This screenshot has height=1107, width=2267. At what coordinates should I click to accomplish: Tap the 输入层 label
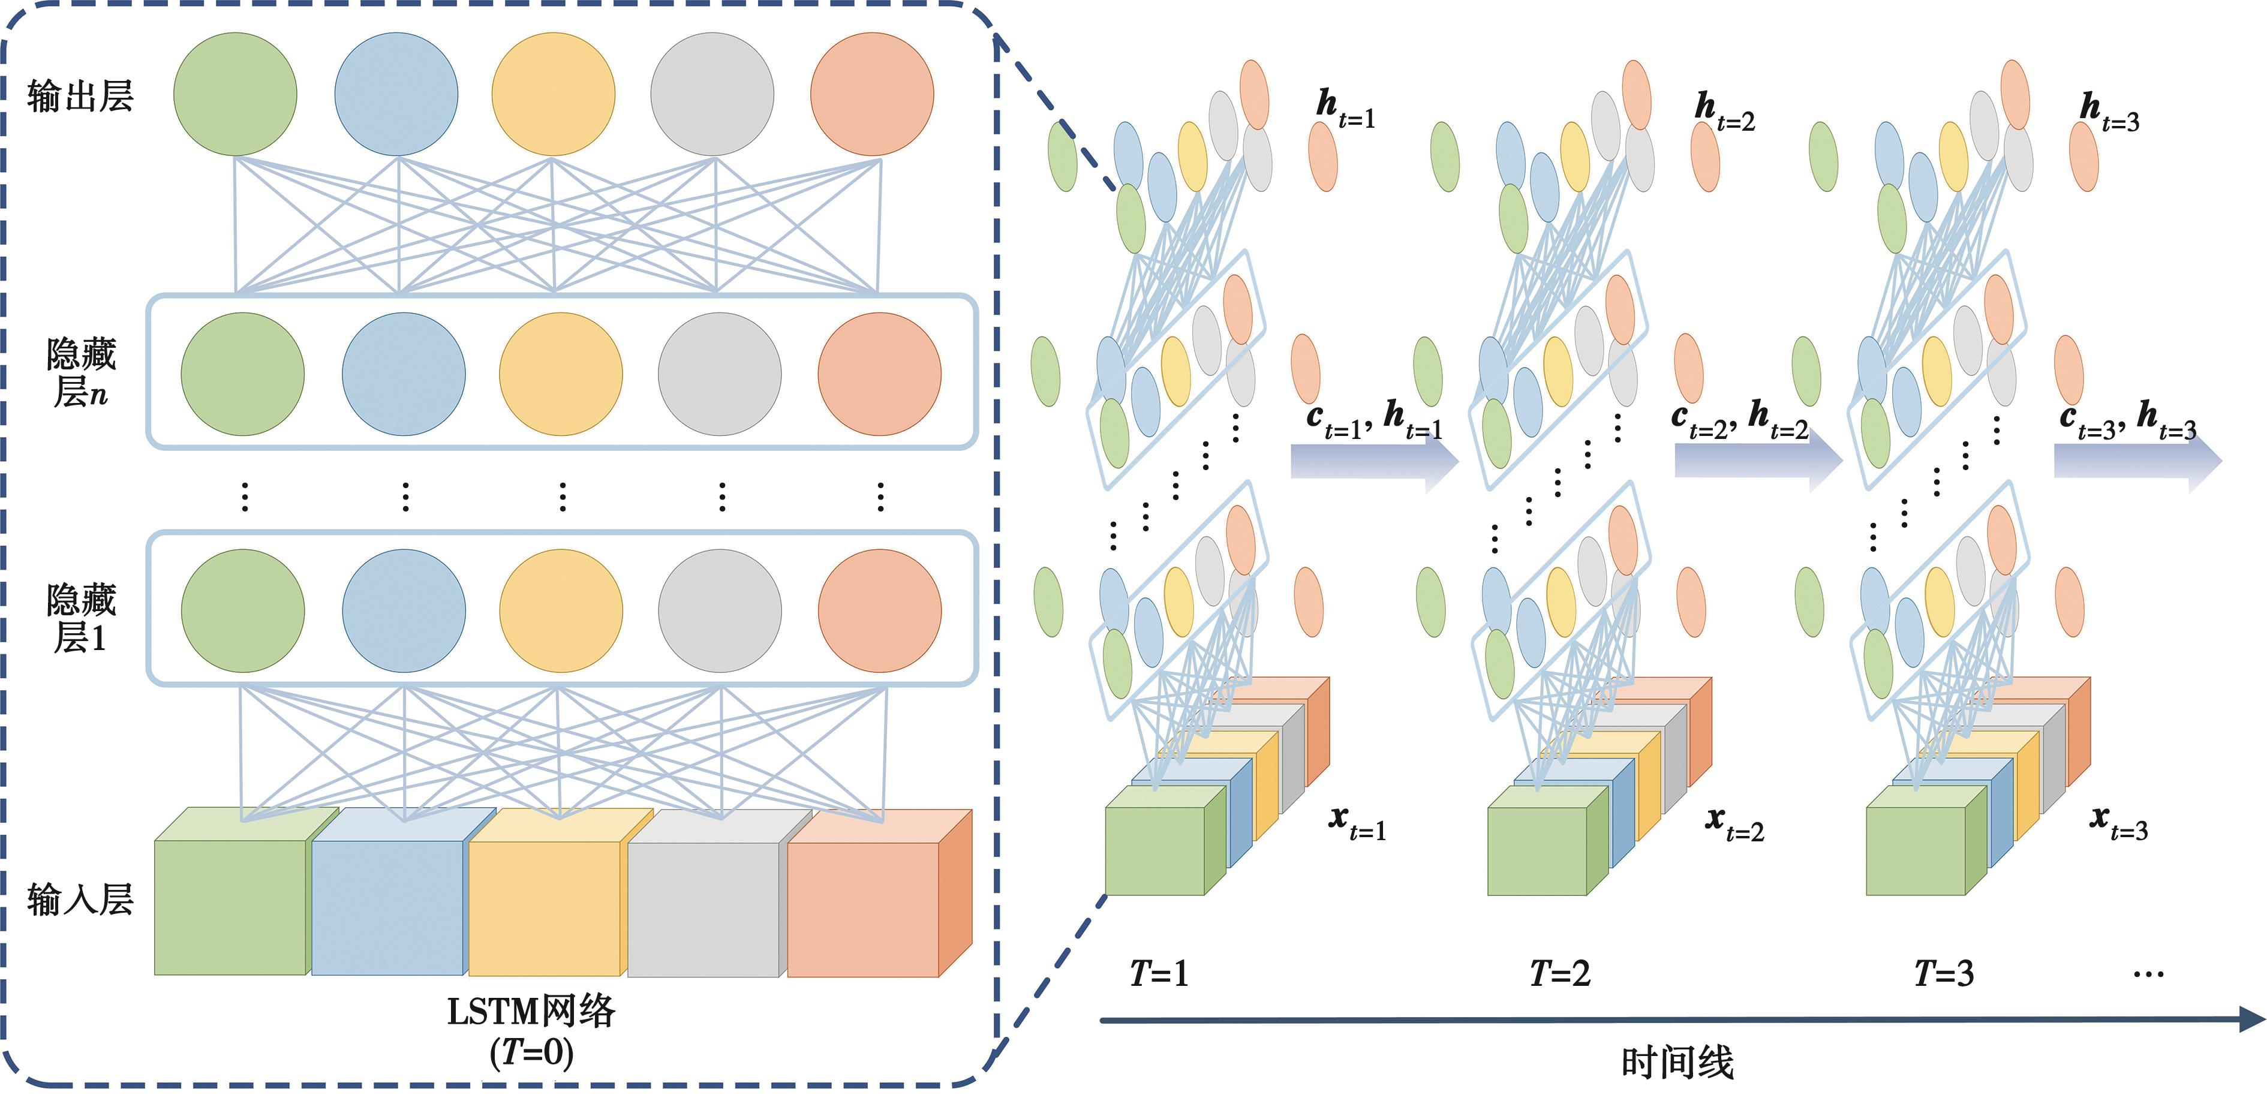click(79, 900)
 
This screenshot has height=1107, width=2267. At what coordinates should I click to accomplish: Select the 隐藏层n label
click(80, 373)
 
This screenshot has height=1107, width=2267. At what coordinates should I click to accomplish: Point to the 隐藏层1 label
click(80, 619)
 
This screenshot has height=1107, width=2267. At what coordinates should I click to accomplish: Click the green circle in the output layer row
click(235, 94)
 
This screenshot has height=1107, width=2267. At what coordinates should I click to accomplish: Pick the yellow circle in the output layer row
click(553, 94)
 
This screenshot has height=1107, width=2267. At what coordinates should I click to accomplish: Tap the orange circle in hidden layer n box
click(879, 374)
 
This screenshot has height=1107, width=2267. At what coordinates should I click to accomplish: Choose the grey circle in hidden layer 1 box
click(720, 610)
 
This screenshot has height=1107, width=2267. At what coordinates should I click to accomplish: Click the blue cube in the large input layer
click(388, 906)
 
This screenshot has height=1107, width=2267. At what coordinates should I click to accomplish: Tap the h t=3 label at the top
click(2109, 113)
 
